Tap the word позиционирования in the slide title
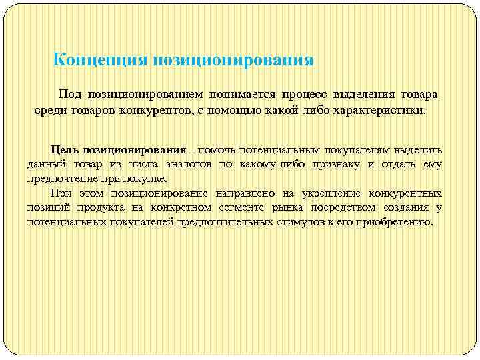[233, 61]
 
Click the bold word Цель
[65, 149]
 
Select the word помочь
[217, 149]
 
